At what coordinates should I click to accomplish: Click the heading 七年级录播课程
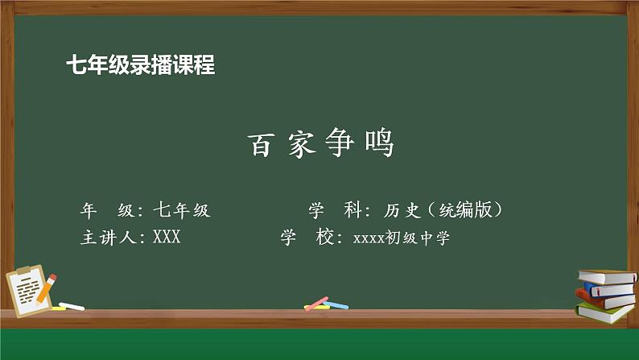[141, 65]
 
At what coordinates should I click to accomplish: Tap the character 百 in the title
[258, 145]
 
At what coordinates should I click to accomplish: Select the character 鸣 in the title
[379, 145]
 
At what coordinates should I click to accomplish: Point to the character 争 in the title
[338, 145]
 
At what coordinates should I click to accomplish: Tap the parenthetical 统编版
[466, 211]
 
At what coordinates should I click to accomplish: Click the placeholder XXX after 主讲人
[167, 238]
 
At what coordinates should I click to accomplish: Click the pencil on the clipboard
[47, 288]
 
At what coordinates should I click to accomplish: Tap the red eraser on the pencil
[54, 277]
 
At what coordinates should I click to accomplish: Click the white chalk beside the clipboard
[71, 306]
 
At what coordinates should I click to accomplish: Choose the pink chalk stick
[316, 304]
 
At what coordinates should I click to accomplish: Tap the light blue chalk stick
[336, 305]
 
